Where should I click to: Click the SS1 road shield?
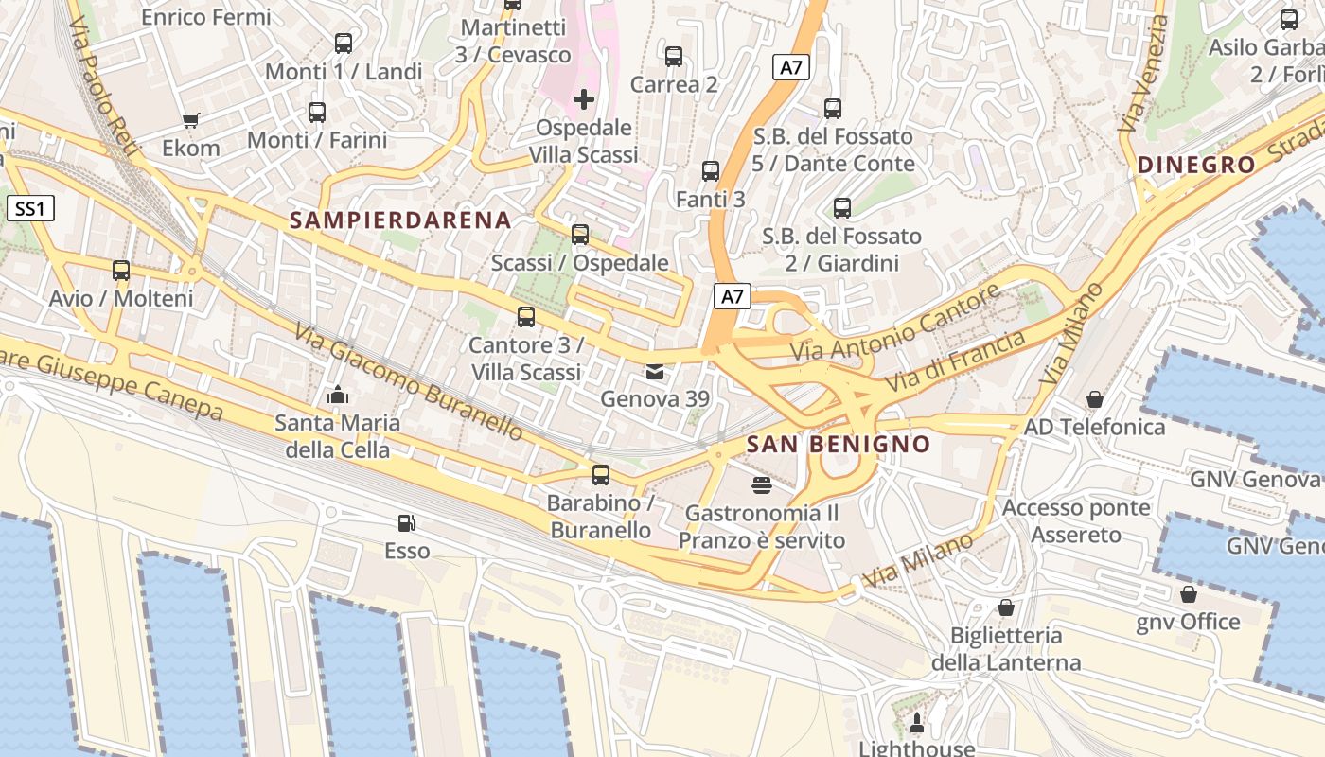tap(30, 208)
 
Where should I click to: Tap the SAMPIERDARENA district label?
tap(400, 220)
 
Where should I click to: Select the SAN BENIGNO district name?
tap(838, 444)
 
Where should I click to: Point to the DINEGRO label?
tap(1196, 165)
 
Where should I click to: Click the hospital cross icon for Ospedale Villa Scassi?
tap(584, 98)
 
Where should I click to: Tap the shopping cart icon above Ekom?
tap(190, 120)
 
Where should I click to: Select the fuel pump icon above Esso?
tap(406, 522)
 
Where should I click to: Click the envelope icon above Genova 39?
tap(654, 372)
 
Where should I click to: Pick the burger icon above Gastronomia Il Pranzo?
tap(761, 485)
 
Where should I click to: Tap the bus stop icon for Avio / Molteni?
tap(121, 271)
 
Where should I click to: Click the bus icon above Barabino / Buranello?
tap(601, 475)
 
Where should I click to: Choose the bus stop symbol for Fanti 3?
tap(711, 171)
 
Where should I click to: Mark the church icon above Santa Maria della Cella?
tap(337, 395)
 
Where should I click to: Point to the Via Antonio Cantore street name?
tap(895, 324)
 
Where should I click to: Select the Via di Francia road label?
tap(956, 361)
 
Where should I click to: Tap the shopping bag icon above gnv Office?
tap(1189, 594)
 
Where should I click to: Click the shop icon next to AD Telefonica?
tap(1095, 399)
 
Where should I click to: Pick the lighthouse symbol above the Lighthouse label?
tap(916, 725)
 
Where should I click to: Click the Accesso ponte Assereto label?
tap(1076, 521)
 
